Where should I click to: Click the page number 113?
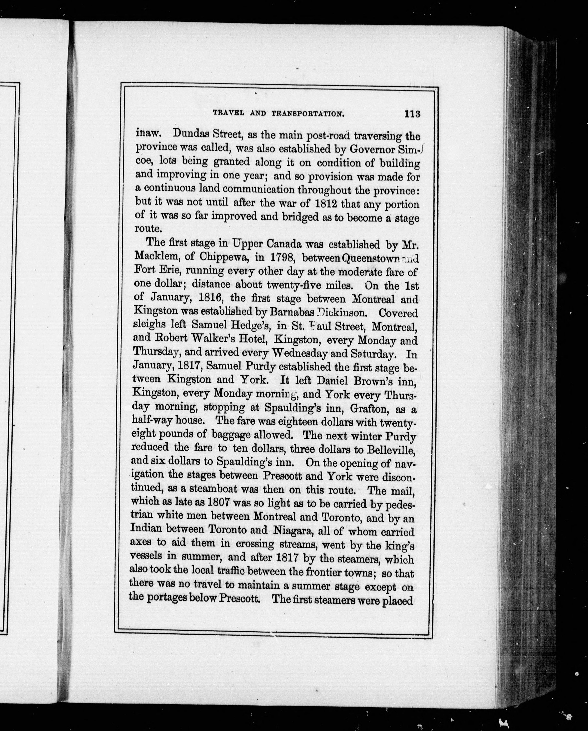tap(412, 114)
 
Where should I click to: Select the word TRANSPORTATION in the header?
tap(308, 114)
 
